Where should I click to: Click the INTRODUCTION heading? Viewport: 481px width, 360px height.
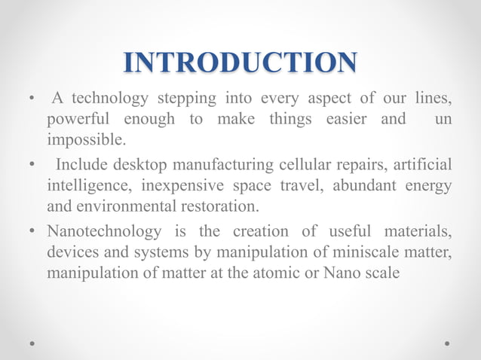coord(240,63)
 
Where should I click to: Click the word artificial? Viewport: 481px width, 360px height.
coord(425,164)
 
